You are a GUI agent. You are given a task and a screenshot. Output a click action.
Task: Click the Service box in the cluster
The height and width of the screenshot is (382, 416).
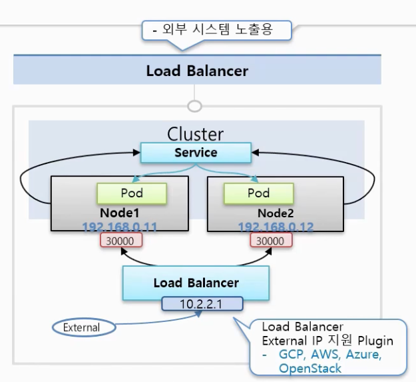click(196, 153)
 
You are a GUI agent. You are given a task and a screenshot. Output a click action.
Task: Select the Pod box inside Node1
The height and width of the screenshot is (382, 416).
click(131, 193)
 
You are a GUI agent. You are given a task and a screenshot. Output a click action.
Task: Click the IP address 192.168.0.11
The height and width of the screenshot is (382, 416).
click(119, 227)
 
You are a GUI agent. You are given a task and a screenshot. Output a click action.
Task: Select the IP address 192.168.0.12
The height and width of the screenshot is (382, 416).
click(276, 227)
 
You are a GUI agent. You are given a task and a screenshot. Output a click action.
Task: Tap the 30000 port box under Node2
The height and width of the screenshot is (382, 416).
click(270, 241)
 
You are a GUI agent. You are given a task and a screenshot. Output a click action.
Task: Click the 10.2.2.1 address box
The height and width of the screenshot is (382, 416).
click(202, 304)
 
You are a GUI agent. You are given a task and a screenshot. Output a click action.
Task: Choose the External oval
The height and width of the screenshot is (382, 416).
click(83, 327)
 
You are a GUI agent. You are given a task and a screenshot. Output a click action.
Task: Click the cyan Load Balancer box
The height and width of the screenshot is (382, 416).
click(196, 283)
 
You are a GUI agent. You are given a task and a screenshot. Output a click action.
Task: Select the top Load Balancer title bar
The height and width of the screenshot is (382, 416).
click(197, 71)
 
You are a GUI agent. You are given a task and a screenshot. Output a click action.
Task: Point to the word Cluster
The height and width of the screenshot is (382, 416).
click(195, 134)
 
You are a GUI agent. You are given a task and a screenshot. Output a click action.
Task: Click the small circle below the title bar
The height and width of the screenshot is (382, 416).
click(194, 106)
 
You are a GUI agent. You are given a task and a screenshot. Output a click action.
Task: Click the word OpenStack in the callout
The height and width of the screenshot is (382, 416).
click(310, 368)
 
